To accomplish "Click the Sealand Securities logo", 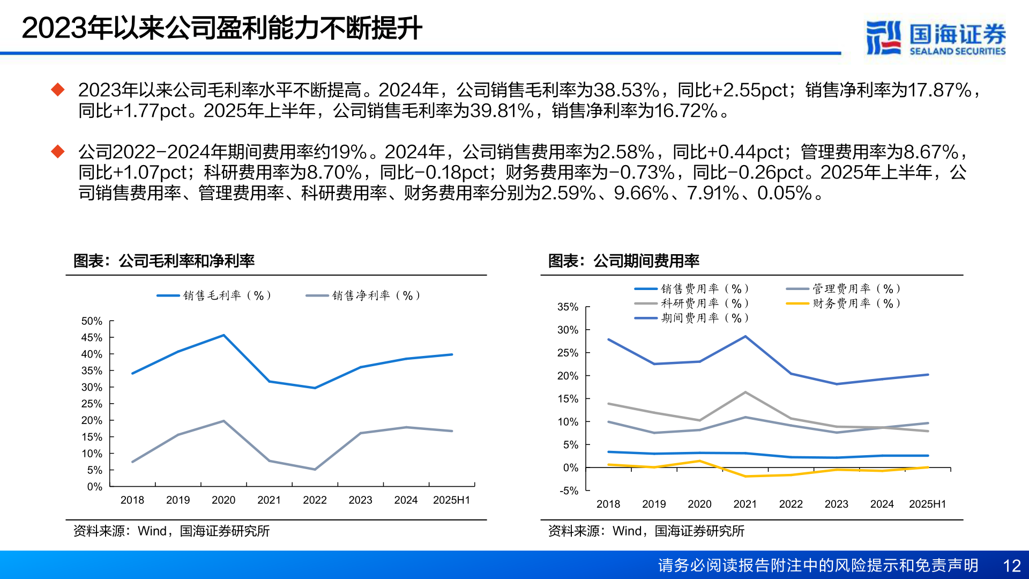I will click(935, 38).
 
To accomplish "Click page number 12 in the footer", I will click(1011, 566).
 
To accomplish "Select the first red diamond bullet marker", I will click(57, 90).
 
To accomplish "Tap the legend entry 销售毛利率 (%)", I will click(214, 295).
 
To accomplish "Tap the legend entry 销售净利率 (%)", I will click(363, 295).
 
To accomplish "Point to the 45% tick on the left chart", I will click(92, 338).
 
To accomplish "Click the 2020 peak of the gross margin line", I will click(223, 336).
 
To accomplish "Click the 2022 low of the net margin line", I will click(315, 470).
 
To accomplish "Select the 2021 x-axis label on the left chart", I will click(269, 500).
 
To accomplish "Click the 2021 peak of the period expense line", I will click(745, 337).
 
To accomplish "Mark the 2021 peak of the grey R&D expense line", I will click(745, 392).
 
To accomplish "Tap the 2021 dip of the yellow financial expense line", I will click(745, 476).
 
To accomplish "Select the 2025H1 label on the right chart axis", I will click(927, 504).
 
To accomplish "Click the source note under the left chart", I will click(171, 531).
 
